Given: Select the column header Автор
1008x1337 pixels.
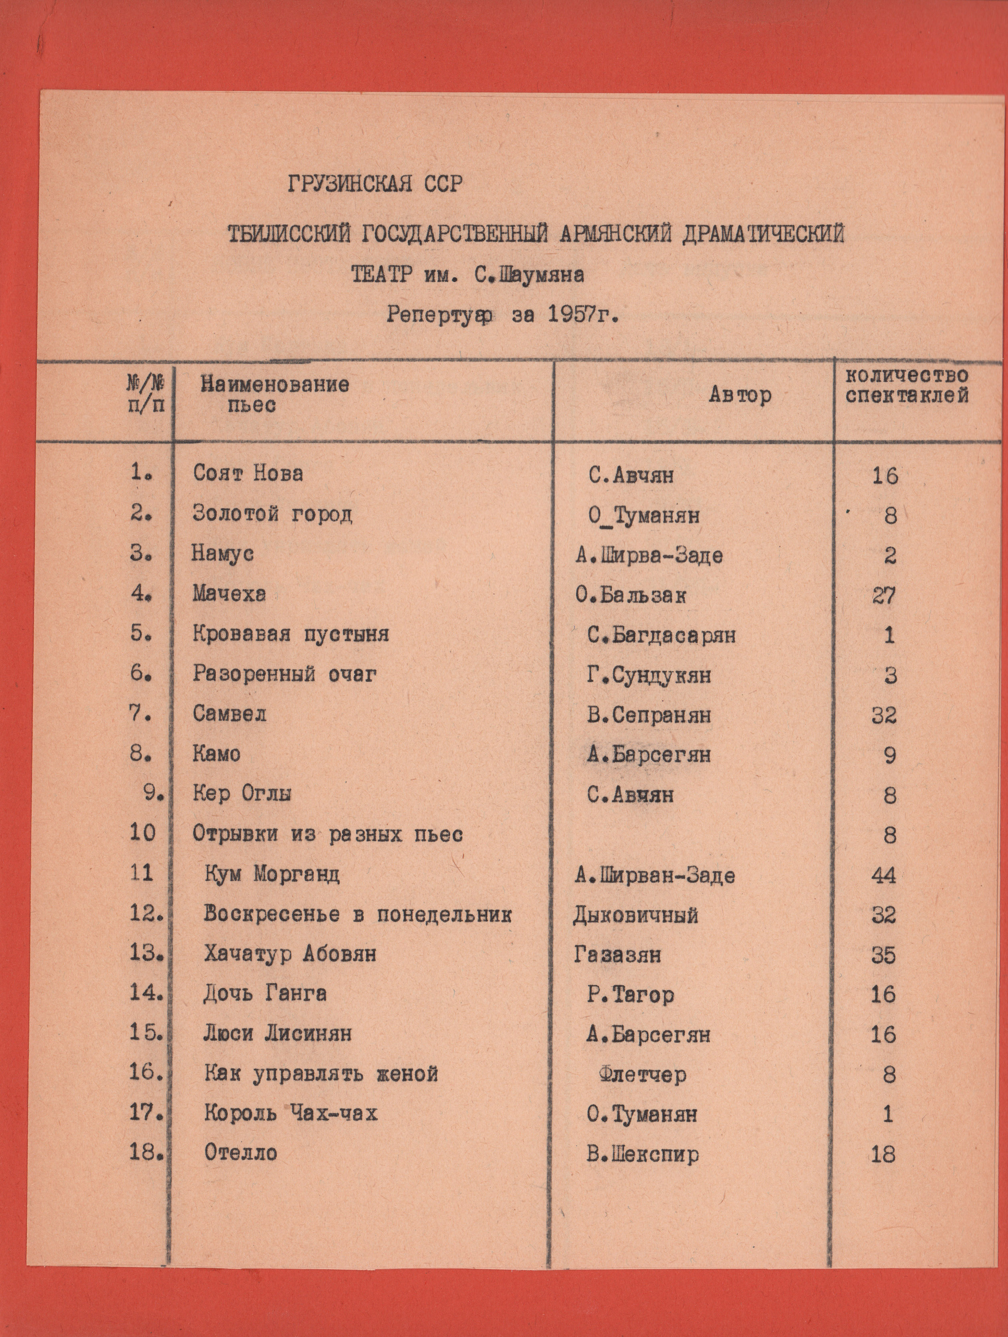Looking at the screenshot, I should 740,395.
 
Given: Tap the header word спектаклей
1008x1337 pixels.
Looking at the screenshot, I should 907,396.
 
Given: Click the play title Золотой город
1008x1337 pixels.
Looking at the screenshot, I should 272,514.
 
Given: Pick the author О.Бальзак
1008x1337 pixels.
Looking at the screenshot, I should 631,596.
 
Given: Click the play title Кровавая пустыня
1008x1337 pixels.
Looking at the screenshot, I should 291,634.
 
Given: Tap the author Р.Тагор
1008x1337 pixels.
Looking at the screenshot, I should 630,995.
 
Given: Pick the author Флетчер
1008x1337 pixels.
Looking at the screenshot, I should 642,1074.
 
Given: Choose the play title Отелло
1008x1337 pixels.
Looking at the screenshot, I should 240,1153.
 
